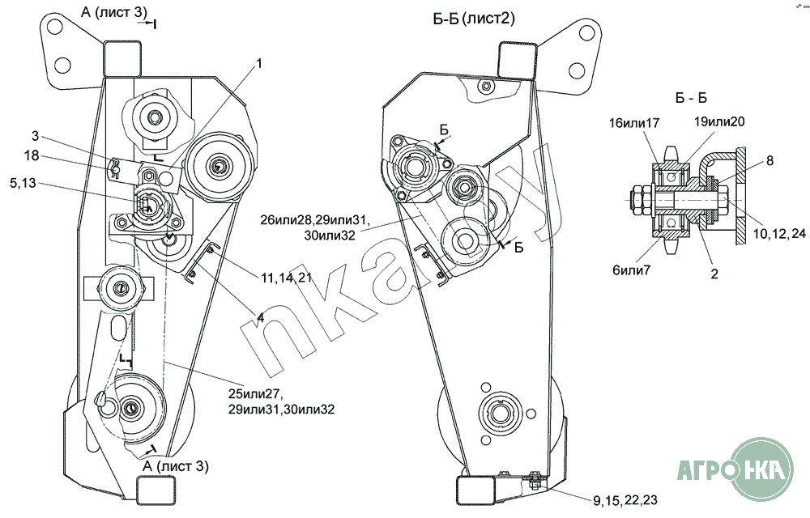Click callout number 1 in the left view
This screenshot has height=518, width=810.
coord(260,63)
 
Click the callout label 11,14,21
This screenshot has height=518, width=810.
coord(287,278)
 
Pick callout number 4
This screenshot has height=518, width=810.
coord(260,318)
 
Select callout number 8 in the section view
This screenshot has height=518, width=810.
coord(769,160)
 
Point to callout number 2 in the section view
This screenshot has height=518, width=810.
coord(714,274)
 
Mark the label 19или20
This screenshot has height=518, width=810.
coord(719,121)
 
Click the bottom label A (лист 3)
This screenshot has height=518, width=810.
coord(175,466)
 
